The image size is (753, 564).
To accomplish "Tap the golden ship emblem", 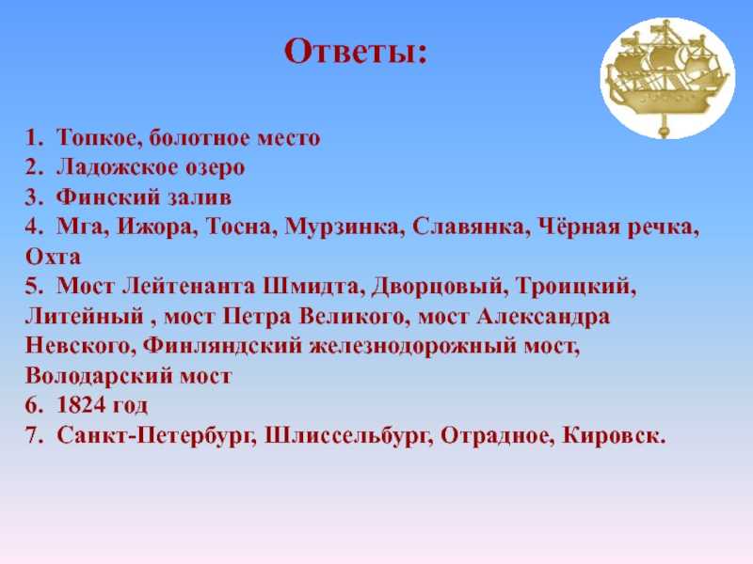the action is (668, 78).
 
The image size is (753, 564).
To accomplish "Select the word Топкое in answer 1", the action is (100, 137).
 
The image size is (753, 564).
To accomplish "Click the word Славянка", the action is (471, 227).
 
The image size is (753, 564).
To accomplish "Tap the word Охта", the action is (53, 257).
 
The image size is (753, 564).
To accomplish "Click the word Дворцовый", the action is (439, 287).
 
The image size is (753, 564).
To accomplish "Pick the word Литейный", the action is (85, 317).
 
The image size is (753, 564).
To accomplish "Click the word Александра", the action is (543, 317).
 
